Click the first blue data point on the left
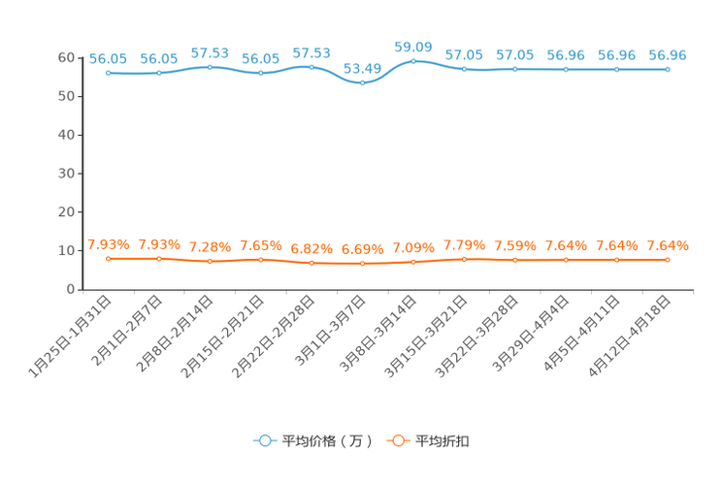pos(109,73)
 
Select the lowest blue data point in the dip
pos(362,82)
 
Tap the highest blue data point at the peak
pos(413,61)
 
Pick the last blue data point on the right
pos(667,69)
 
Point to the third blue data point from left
pos(210,67)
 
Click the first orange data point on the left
pos(109,259)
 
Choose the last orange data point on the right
pos(667,260)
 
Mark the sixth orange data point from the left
pos(362,264)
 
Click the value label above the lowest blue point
pos(362,68)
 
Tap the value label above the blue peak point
pos(412,46)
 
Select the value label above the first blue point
pos(108,58)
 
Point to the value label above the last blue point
pos(667,55)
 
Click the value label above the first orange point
pos(108,244)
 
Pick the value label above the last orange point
pos(668,246)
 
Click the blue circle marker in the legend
pos(264,440)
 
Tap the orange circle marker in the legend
pos(398,440)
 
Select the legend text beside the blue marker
pos(326,441)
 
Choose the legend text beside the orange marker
pos(443,441)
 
